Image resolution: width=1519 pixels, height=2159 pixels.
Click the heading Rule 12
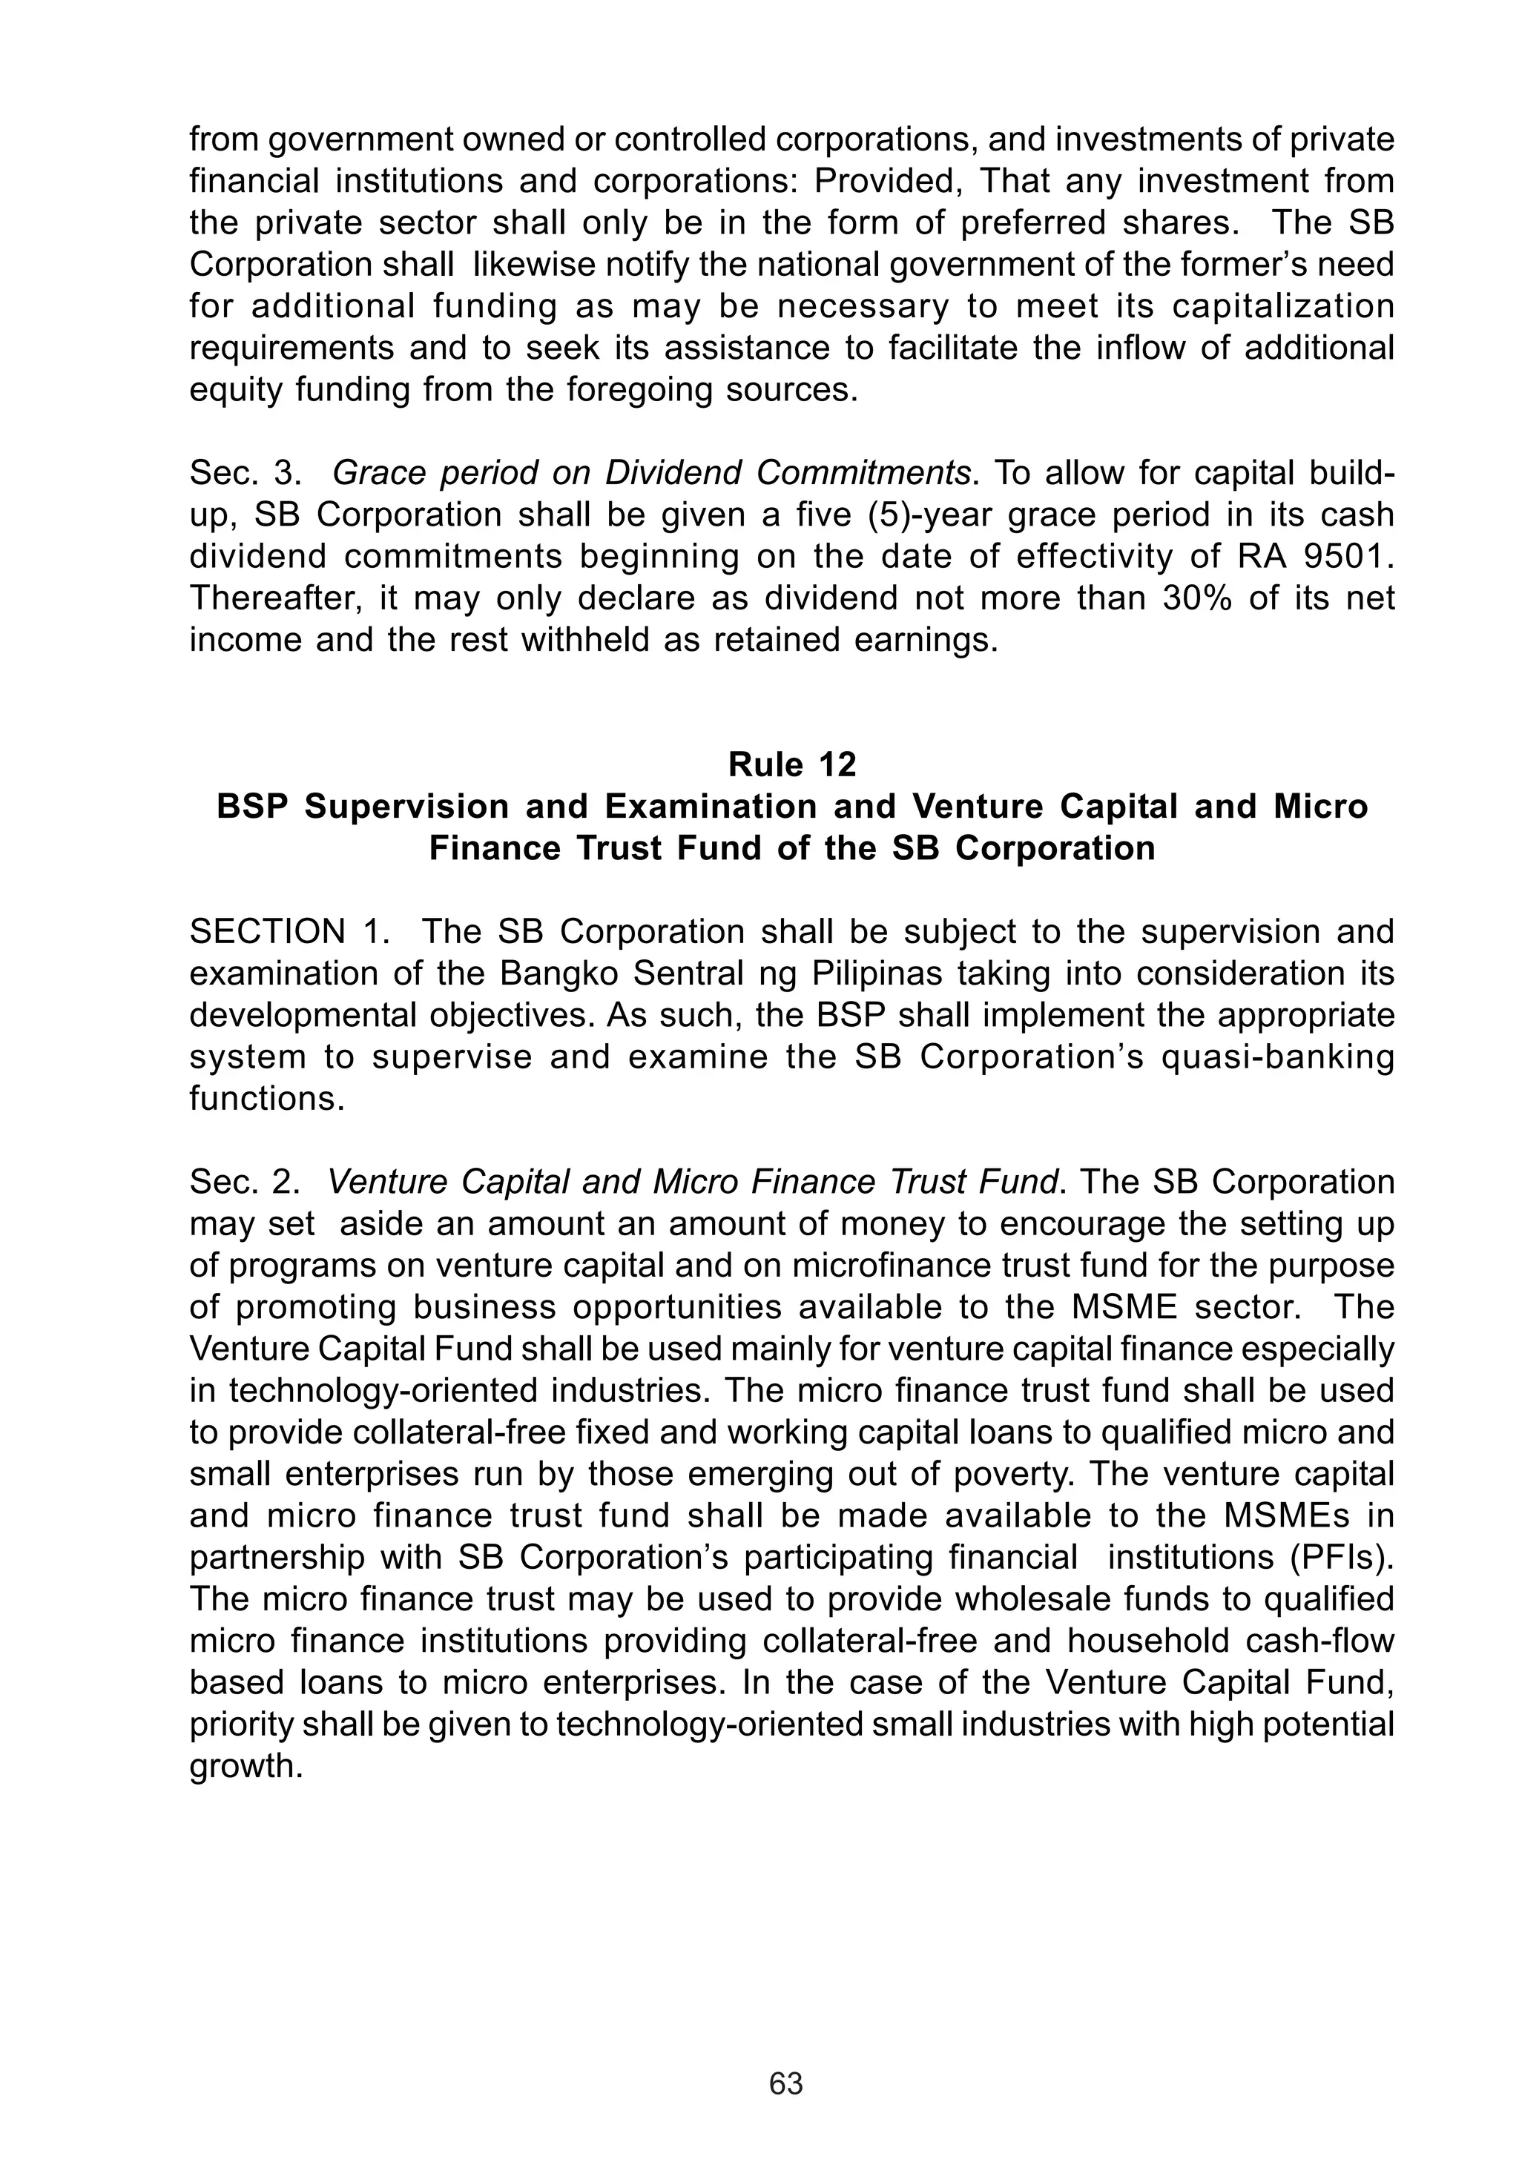[792, 764]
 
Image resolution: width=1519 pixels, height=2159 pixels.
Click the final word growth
[246, 1767]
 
